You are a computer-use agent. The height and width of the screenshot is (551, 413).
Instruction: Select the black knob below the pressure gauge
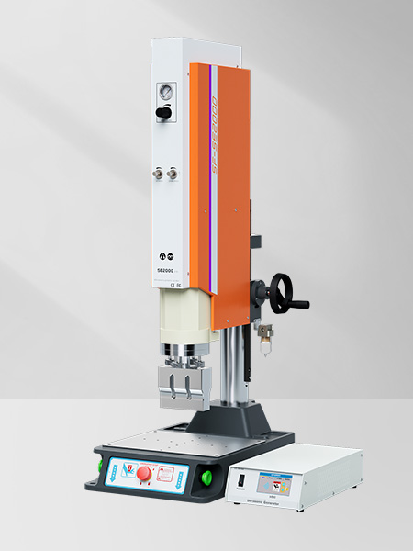(x=165, y=112)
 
